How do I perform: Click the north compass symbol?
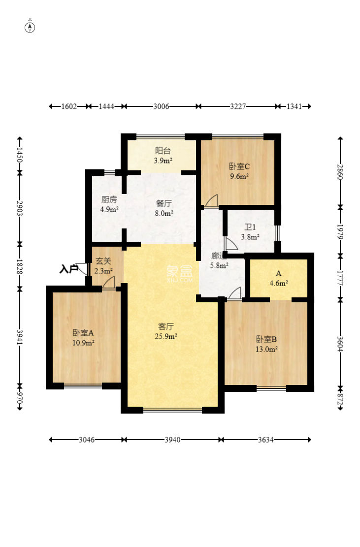[x=30, y=27]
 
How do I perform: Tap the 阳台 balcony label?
[x=164, y=156]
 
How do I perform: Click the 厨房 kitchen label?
[x=109, y=204]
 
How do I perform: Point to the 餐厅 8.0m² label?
[x=164, y=208]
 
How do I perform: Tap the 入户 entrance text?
[x=68, y=269]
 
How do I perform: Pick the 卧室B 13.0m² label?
[x=266, y=344]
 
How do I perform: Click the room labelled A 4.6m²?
[x=278, y=278]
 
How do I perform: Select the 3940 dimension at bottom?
[x=172, y=440]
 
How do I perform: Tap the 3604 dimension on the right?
[x=340, y=343]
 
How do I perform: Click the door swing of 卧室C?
[x=211, y=200]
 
